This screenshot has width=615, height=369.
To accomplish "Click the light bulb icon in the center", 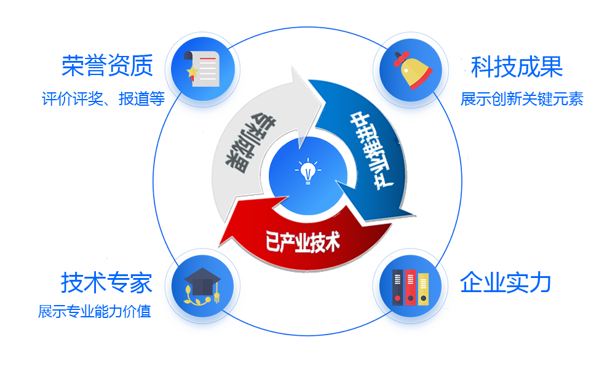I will click(x=307, y=172).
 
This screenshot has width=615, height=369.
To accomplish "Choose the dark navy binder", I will click(x=398, y=288).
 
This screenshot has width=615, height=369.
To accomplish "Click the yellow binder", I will click(x=423, y=289).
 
